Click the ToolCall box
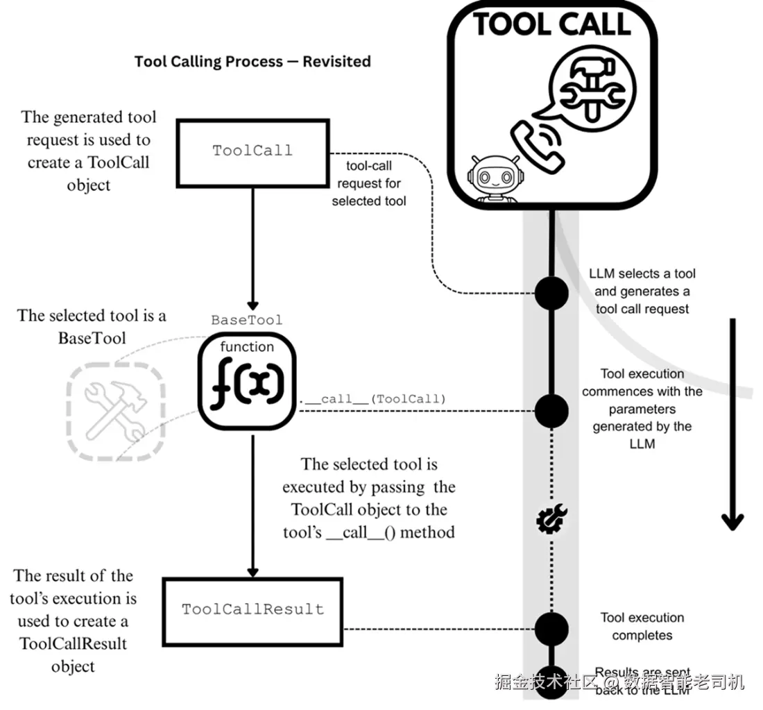point(252,152)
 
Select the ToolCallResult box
point(252,609)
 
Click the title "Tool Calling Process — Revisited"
point(252,61)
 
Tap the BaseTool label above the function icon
point(247,320)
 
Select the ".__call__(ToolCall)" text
point(372,399)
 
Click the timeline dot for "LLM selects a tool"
point(552,292)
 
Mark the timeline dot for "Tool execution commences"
point(552,409)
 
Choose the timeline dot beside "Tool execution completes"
point(552,628)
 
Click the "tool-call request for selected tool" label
point(368,183)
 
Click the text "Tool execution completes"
point(642,626)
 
